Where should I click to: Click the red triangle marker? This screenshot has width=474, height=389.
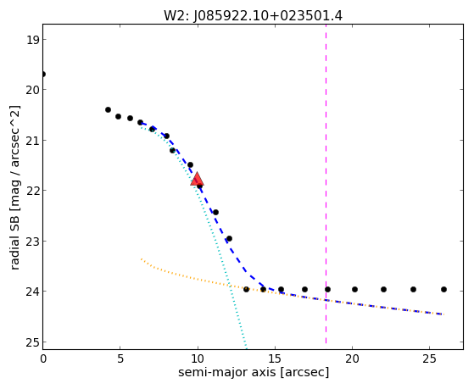(197, 179)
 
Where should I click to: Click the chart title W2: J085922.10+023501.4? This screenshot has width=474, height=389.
(253, 16)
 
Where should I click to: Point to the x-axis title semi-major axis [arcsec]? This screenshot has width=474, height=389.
(254, 372)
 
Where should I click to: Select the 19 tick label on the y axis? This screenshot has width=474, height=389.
(32, 40)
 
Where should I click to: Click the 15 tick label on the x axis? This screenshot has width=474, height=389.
(275, 358)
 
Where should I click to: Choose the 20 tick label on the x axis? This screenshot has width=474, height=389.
(352, 358)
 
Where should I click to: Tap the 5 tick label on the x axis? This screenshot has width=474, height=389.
(120, 358)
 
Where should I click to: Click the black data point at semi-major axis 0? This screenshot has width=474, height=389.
(43, 74)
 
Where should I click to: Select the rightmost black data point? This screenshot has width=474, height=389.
(443, 289)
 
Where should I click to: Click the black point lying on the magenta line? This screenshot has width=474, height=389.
(327, 289)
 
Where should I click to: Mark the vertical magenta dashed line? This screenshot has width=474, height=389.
(326, 184)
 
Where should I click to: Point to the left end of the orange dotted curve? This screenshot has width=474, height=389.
(141, 258)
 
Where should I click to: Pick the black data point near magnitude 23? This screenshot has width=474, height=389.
(229, 238)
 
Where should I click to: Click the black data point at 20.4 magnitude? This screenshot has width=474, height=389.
(108, 109)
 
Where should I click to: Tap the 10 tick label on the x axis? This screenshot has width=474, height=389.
(198, 358)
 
